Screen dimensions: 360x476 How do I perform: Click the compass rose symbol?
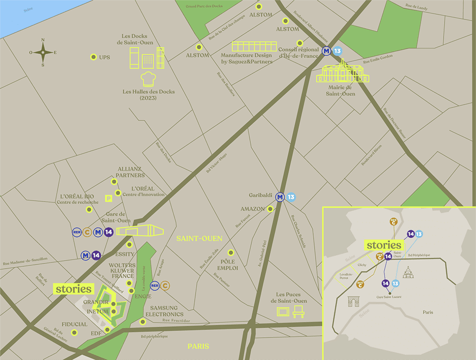43,52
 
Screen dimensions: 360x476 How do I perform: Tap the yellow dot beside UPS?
93,57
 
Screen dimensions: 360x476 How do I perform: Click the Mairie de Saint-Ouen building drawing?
341,72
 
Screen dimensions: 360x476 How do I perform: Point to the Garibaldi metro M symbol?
280,196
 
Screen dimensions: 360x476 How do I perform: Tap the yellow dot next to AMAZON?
270,209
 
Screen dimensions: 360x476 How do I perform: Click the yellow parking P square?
109,197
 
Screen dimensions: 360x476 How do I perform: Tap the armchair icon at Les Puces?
299,311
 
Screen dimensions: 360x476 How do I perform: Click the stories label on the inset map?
384,245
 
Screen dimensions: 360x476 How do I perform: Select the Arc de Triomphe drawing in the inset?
354,302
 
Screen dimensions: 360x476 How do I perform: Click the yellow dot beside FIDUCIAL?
74,332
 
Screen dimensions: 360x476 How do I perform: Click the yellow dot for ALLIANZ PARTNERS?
114,182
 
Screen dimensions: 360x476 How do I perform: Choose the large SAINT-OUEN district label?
199,238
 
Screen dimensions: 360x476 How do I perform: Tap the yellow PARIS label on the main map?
198,346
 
